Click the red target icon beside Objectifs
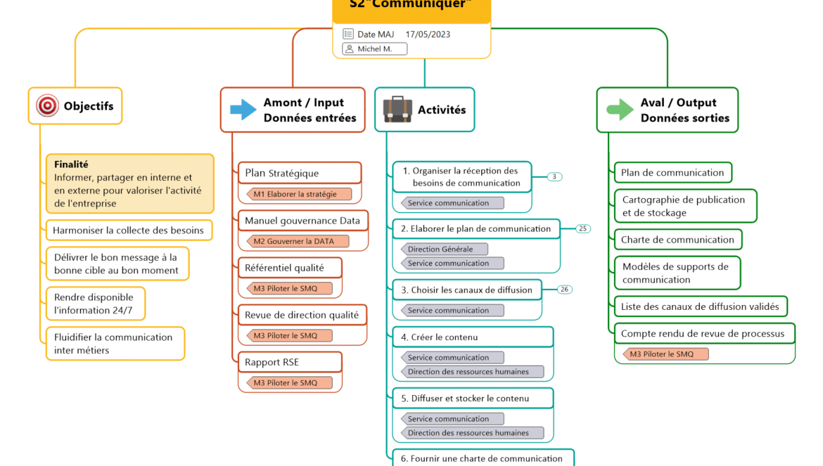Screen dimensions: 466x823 click(x=48, y=106)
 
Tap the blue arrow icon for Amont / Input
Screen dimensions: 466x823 click(x=243, y=110)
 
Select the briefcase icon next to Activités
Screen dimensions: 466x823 click(x=397, y=110)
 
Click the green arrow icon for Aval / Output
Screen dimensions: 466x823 click(x=620, y=110)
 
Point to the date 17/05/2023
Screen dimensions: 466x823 click(x=428, y=34)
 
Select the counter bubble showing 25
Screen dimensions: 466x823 click(x=583, y=228)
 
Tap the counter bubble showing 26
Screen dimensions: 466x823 click(x=565, y=289)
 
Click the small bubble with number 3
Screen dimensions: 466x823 click(x=554, y=176)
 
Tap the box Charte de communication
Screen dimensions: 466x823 click(x=677, y=240)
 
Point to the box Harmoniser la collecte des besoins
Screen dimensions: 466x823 click(x=129, y=230)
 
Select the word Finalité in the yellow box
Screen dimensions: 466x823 click(x=71, y=164)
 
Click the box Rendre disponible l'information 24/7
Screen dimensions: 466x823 click(x=95, y=304)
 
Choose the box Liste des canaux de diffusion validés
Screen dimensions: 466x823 click(x=700, y=306)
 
